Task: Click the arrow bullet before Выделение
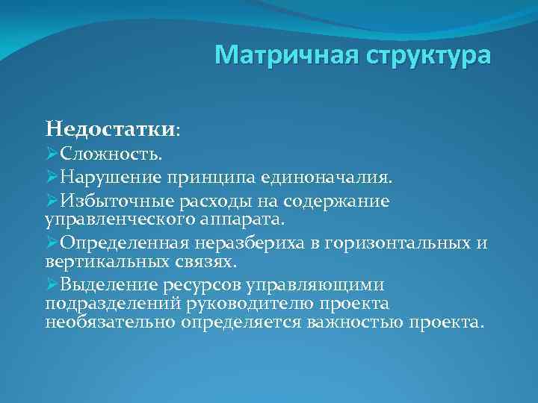(x=52, y=285)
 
